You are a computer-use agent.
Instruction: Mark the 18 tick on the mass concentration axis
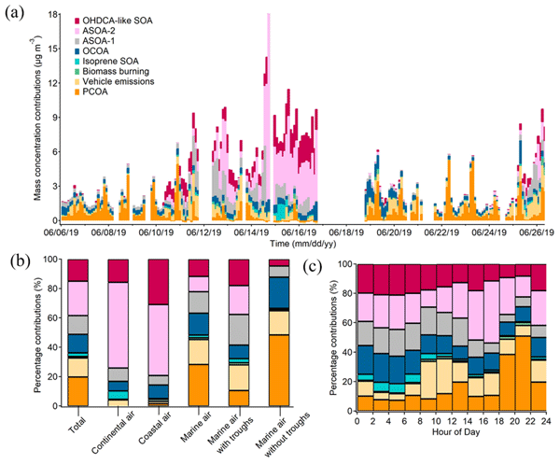[x=52, y=16]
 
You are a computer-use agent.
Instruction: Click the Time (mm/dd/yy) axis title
[x=304, y=243]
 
